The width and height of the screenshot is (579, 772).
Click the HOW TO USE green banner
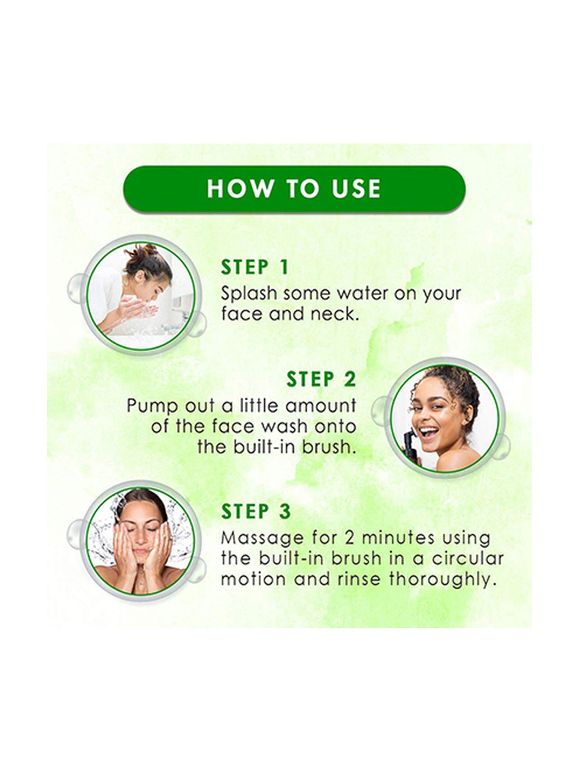tap(294, 189)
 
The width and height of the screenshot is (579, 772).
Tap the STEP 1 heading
tap(255, 267)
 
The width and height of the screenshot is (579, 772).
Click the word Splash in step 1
tap(249, 294)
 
